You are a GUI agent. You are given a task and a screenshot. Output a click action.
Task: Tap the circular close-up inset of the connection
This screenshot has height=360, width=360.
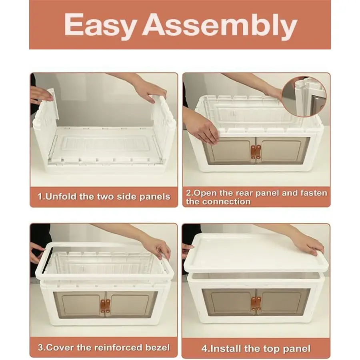(x=304, y=97)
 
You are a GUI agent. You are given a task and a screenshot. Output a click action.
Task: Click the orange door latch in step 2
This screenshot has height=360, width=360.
(x=256, y=152)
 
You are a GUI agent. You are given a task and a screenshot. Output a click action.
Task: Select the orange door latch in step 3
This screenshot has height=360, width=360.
(x=105, y=306)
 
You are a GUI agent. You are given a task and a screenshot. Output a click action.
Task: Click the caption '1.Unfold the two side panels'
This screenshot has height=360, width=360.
(x=104, y=197)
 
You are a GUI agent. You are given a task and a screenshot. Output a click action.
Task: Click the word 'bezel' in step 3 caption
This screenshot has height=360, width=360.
(x=158, y=347)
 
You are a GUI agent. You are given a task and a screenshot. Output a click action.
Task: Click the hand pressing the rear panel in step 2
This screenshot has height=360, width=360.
(x=202, y=128)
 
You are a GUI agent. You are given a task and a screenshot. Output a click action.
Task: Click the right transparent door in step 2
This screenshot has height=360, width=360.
(x=283, y=151)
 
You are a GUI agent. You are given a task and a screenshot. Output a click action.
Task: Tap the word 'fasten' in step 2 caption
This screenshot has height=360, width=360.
(x=314, y=193)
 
